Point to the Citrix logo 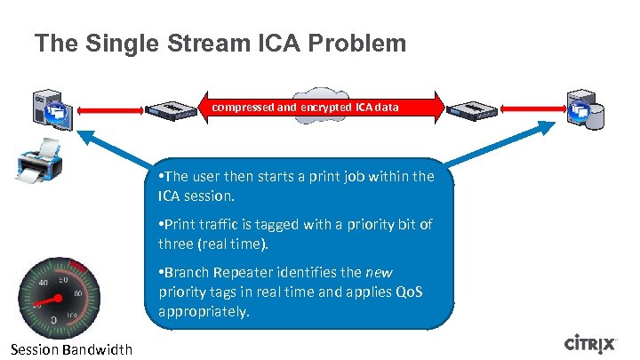[x=596, y=344]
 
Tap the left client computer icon [x=52, y=108]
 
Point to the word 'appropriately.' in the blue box [x=203, y=311]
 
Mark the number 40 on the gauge [x=44, y=284]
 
